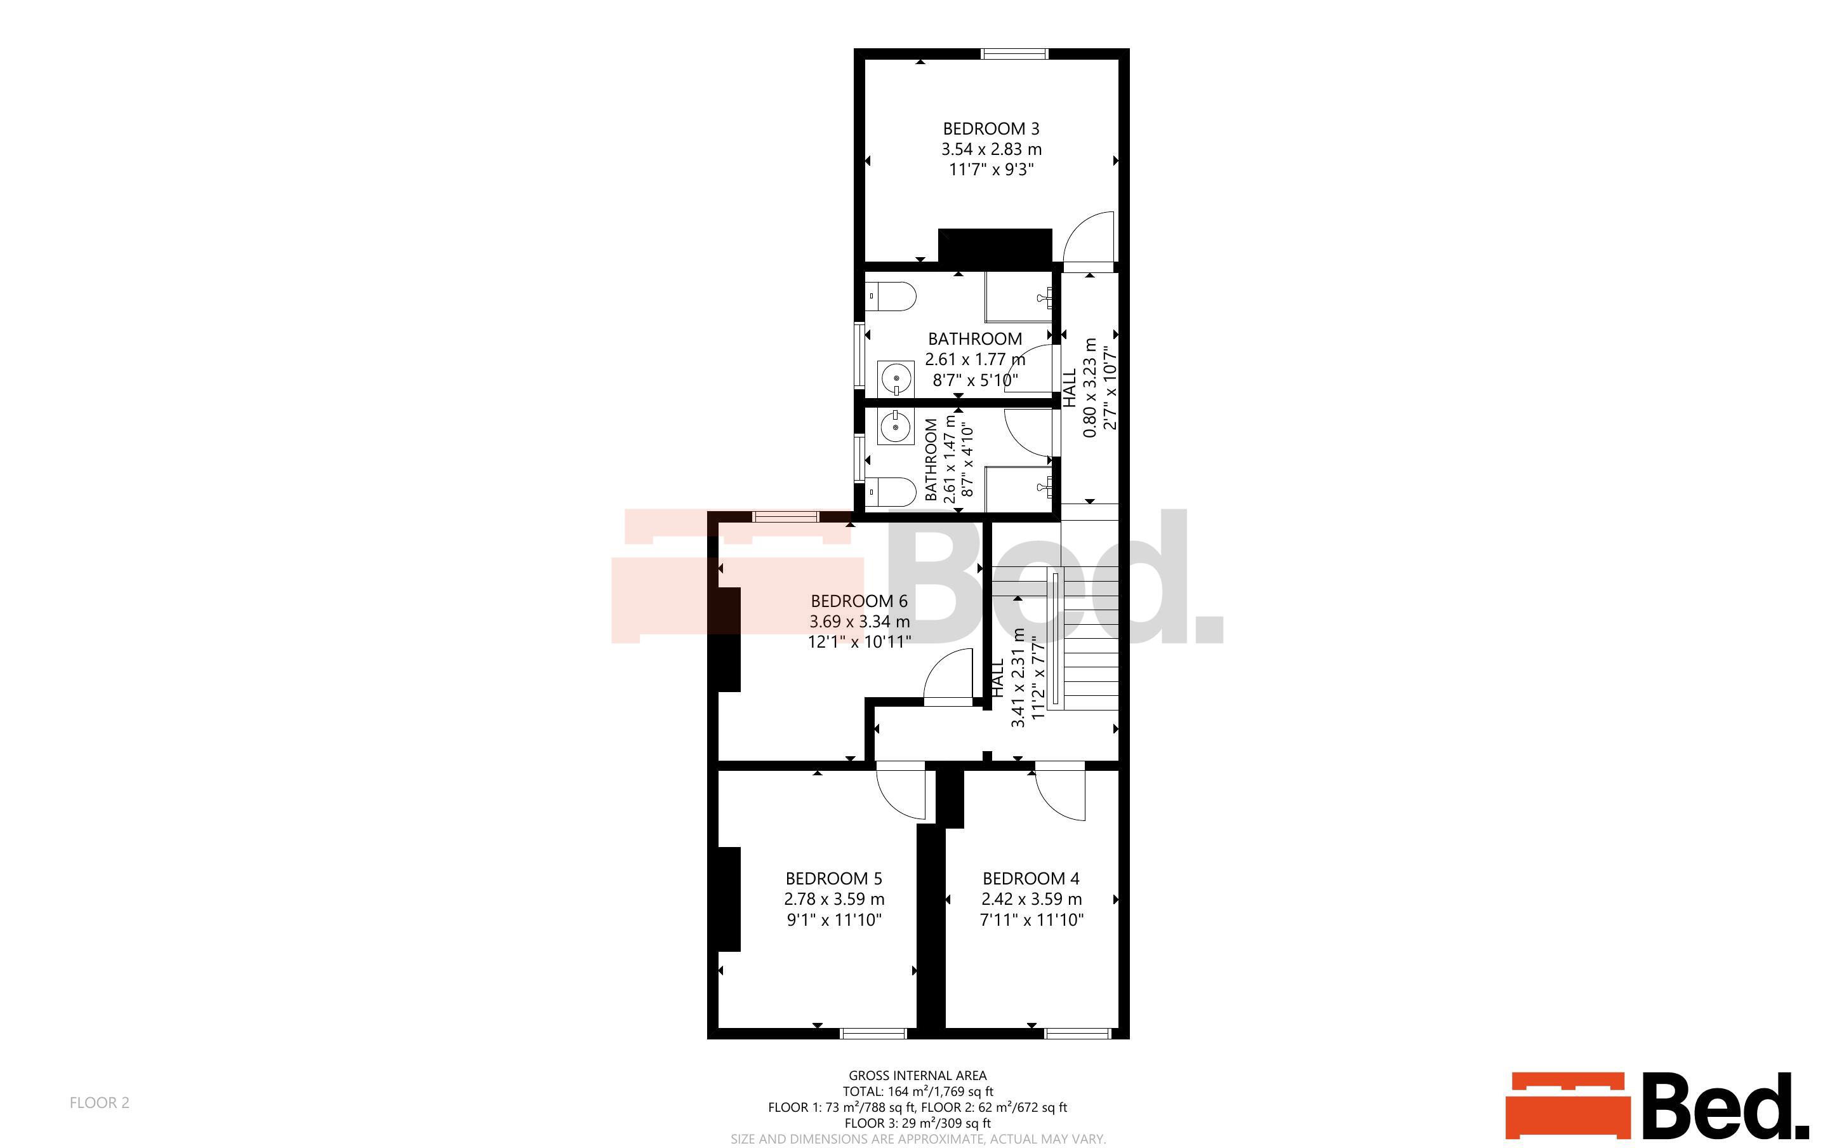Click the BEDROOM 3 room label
point(991,129)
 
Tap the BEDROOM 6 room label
point(859,601)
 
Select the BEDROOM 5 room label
point(834,879)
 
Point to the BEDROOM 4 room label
point(1031,879)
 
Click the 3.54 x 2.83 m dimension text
point(991,150)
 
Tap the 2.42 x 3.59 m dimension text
point(1032,899)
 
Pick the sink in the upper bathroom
point(896,378)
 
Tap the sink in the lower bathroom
point(896,427)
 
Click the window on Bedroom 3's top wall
point(1014,53)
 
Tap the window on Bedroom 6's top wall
point(786,516)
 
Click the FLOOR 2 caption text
point(100,1102)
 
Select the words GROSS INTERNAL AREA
point(917,1075)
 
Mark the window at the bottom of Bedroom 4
point(1078,1033)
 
